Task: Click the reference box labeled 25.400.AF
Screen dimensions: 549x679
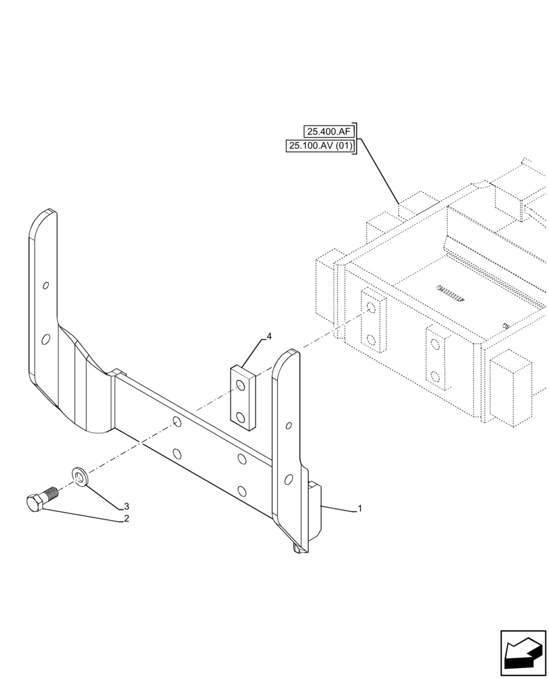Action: (330, 132)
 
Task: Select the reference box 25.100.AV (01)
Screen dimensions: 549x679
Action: (321, 146)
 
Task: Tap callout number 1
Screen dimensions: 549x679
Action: (359, 509)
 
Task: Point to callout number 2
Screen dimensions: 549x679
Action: (126, 519)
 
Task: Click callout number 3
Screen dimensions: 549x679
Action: (126, 506)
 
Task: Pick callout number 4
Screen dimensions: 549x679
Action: (269, 336)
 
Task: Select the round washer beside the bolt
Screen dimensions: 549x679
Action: (79, 477)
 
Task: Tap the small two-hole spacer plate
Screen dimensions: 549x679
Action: (242, 397)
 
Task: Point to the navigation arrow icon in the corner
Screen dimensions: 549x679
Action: (522, 653)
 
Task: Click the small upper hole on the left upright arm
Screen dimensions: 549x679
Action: (45, 286)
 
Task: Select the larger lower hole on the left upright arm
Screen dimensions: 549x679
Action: (45, 339)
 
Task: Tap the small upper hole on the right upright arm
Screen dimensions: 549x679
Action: (289, 426)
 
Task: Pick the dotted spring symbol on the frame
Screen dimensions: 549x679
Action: (449, 291)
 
